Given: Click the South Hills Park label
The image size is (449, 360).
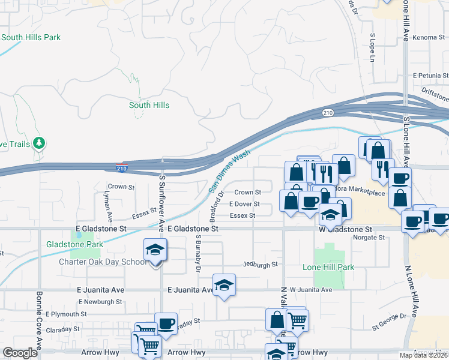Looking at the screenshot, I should tap(31, 37).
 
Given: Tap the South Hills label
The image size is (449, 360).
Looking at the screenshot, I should tap(149, 105).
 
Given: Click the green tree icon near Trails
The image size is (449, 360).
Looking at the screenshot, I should tap(40, 143).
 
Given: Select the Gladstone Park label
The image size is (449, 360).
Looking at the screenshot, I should tap(74, 244).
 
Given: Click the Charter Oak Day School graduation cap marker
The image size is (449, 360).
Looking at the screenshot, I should tap(154, 250).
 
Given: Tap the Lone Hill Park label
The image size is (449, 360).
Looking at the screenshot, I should tap(328, 267).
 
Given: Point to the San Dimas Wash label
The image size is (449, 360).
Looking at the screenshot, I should tap(229, 172).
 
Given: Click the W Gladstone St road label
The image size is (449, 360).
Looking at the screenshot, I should tap(345, 229).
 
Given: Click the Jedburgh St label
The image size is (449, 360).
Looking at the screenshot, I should tap(261, 264).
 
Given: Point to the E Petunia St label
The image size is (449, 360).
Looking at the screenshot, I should tap(430, 76).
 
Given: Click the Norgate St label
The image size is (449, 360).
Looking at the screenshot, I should tap(369, 238).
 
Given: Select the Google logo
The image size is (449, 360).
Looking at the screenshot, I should tap(20, 353).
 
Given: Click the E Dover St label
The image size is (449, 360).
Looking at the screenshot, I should tap(244, 204).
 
